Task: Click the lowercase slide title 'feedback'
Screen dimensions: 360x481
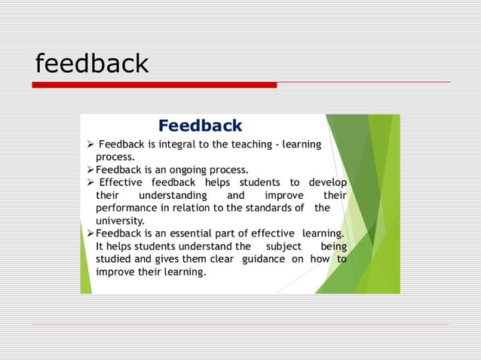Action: pos(92,64)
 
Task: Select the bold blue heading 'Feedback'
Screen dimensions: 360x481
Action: pos(200,126)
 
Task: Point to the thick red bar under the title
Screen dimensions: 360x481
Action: pos(155,85)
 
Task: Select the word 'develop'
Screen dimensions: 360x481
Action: pos(326,182)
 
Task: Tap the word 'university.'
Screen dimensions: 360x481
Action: pos(120,221)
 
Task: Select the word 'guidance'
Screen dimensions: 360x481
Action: pos(264,259)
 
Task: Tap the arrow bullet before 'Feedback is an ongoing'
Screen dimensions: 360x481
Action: pos(90,169)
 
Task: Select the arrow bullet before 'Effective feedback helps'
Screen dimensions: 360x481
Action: pos(90,182)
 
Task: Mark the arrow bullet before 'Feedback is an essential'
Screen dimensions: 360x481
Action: pos(90,233)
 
